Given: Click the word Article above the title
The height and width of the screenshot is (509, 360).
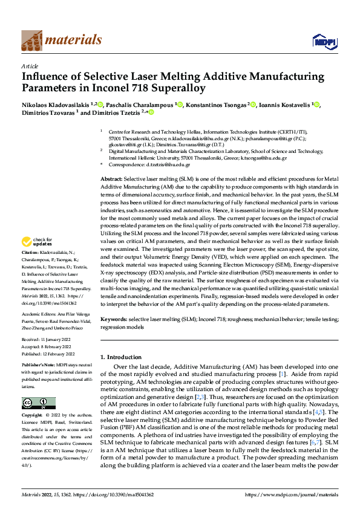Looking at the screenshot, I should [x=30, y=66].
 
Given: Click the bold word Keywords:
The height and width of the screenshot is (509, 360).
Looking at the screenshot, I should [x=113, y=318].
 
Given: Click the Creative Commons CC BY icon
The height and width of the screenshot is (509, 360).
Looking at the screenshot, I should [x=38, y=403].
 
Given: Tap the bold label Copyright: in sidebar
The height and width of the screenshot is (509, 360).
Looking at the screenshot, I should [x=33, y=415].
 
